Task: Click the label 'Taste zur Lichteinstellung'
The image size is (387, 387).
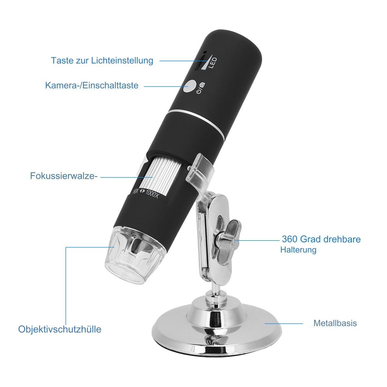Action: pyautogui.click(x=102, y=61)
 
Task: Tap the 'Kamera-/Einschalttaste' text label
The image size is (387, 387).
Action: pyautogui.click(x=92, y=85)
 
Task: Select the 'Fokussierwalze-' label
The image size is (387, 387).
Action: pyautogui.click(x=64, y=176)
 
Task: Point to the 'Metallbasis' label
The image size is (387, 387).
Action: pyautogui.click(x=335, y=323)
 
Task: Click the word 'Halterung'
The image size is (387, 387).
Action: pyautogui.click(x=298, y=250)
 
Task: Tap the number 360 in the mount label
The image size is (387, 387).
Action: pyautogui.click(x=289, y=239)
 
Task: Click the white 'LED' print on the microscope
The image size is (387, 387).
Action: pyautogui.click(x=213, y=63)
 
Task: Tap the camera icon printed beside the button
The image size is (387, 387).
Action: pyautogui.click(x=203, y=85)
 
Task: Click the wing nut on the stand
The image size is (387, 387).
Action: pyautogui.click(x=229, y=240)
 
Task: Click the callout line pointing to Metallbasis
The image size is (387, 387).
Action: pyautogui.click(x=283, y=323)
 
